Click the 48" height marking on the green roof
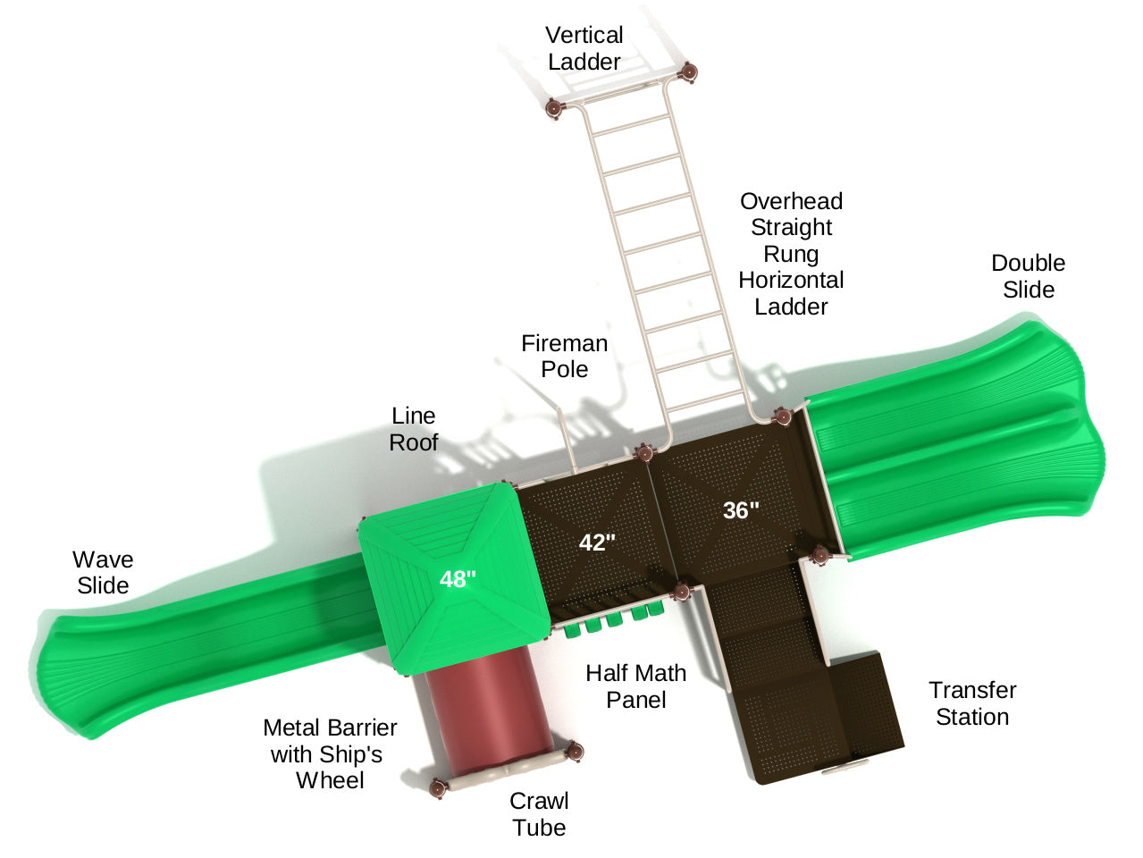pos(458,579)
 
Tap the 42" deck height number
pos(597,543)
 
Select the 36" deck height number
pos(741,510)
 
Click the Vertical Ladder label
pos(584,48)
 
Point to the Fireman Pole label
pos(564,356)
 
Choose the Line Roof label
pos(414,429)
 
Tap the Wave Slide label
pos(103,572)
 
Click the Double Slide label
pos(1028,276)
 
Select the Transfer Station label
pos(972,703)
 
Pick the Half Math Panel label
pos(635,686)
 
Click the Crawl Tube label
pos(539,814)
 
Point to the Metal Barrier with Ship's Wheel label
pos(330,754)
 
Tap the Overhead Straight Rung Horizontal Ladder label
pos(791,254)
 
